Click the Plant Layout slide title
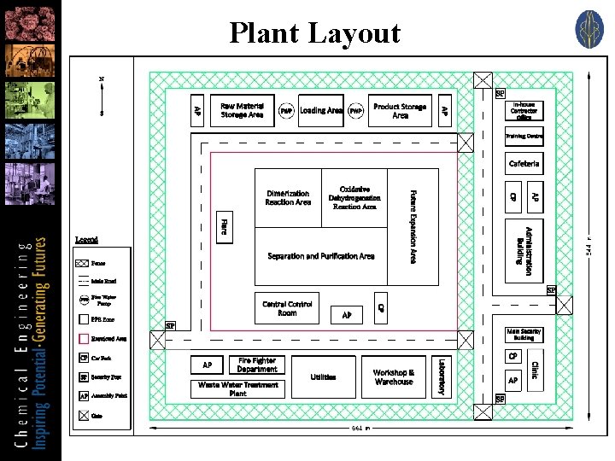click(314, 33)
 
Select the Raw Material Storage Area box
click(242, 110)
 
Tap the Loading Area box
click(321, 110)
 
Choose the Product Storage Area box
click(400, 110)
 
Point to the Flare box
click(223, 227)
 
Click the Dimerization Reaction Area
click(288, 198)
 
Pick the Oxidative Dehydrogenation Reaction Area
click(354, 198)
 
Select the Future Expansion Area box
click(413, 226)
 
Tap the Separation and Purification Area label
click(320, 256)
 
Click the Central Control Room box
click(287, 308)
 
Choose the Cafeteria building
click(524, 163)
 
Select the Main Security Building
click(524, 335)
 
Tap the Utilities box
click(323, 376)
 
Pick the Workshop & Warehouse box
click(394, 376)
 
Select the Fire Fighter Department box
click(257, 365)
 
